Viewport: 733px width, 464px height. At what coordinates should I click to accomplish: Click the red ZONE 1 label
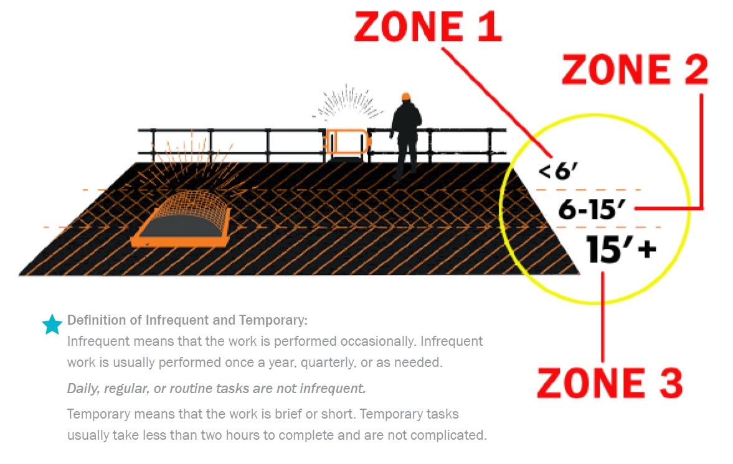428,27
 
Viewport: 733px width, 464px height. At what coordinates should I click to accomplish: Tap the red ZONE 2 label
635,70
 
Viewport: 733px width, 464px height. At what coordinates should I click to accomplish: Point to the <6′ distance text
558,171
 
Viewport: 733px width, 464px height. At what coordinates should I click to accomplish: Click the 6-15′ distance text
592,209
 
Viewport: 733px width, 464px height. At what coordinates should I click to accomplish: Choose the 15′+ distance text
621,249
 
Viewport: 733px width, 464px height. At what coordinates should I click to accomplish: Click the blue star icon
52,324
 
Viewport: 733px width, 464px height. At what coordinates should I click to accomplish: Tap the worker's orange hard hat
406,96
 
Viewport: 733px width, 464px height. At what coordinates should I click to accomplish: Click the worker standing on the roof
406,136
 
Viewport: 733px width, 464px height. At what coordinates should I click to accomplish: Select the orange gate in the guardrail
347,142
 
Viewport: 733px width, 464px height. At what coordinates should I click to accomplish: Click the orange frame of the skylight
180,241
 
